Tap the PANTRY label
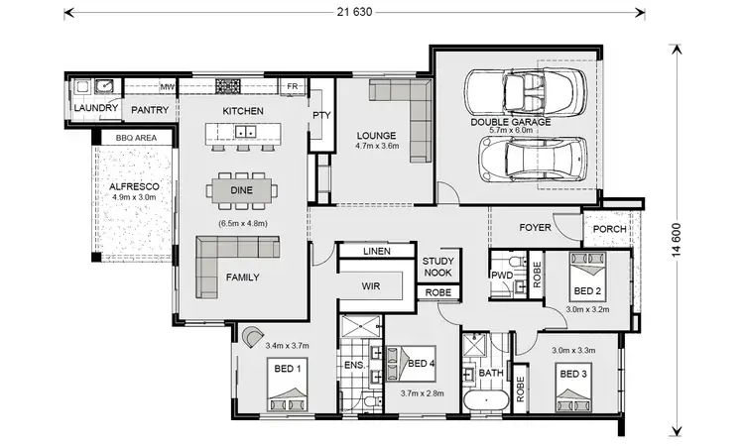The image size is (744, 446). (x=150, y=109)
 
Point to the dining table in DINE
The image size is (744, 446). (x=243, y=188)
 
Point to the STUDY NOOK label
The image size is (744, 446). (x=437, y=267)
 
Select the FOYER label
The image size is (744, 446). (x=536, y=228)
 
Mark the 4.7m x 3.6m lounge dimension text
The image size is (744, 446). (x=377, y=147)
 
